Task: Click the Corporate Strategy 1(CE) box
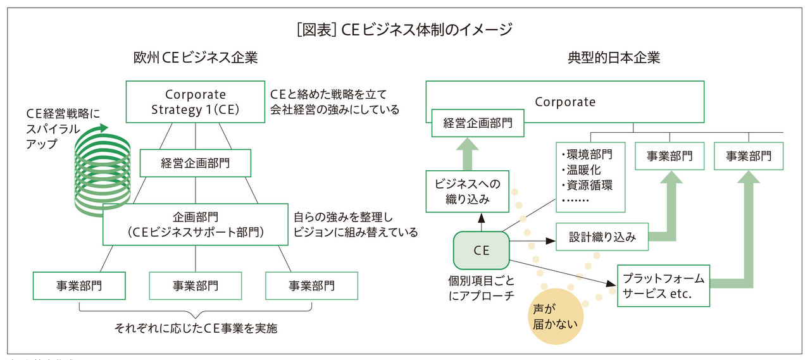[195, 102]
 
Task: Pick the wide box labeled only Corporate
[564, 101]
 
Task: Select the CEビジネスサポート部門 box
[195, 225]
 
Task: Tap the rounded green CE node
[481, 250]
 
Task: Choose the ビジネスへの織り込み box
[467, 192]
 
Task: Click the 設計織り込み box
[602, 237]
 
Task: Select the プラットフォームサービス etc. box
[663, 286]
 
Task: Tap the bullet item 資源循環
[587, 185]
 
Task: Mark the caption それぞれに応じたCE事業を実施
[195, 328]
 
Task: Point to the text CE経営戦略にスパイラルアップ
[63, 128]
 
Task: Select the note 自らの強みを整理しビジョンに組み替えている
[355, 223]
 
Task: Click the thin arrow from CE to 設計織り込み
[532, 241]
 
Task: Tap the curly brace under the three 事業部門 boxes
[196, 311]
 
